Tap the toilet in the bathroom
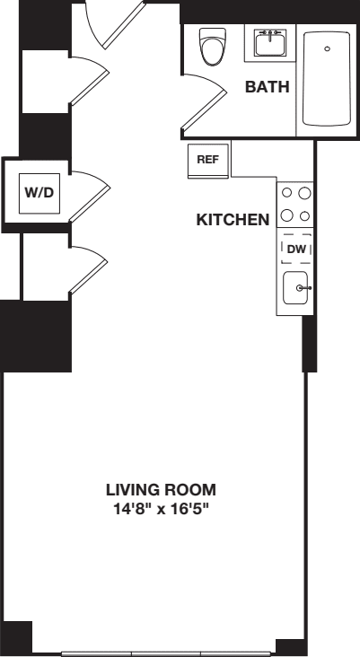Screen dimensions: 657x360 212,46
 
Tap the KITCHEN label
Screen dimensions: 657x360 233,218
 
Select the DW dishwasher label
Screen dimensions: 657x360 296,248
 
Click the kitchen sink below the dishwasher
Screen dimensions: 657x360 297,288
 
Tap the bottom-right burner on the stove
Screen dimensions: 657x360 305,215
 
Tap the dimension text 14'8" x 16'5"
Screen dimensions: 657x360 162,508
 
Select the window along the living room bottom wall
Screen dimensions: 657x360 167,652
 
